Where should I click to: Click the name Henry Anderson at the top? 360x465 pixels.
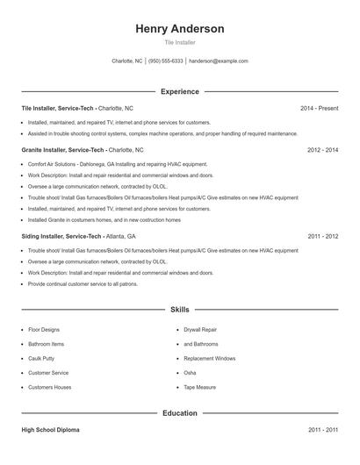[179, 29]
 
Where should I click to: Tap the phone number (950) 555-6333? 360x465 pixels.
[166, 61]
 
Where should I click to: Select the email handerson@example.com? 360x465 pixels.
[219, 61]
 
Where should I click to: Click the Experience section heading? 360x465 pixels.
[179, 91]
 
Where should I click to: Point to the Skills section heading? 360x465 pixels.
[179, 310]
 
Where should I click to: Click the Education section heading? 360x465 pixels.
[179, 412]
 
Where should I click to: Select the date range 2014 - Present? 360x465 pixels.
[319, 108]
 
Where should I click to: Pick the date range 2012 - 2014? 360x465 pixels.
[322, 150]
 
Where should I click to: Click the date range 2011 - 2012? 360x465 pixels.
[322, 236]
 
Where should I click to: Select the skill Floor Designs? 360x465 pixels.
[44, 329]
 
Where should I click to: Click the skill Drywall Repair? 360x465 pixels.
[200, 329]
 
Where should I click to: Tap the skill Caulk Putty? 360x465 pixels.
[41, 358]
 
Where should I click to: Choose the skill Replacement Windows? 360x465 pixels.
[209, 358]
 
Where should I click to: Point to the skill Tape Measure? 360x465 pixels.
[199, 387]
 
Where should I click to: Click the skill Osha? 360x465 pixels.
[190, 373]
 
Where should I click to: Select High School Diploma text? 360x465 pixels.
[51, 430]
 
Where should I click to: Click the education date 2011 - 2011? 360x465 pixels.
[322, 430]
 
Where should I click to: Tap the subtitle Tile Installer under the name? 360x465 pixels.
[179, 42]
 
